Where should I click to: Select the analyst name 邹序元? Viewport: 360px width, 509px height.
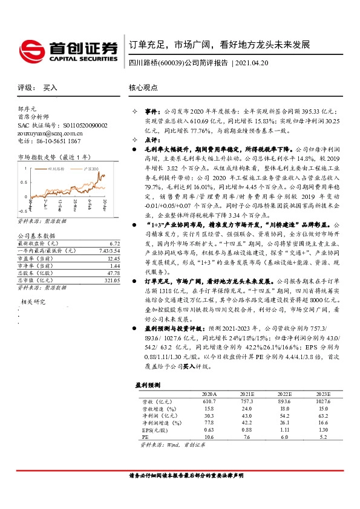pos(28,107)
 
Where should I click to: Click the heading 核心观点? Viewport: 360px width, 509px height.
pos(144,88)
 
